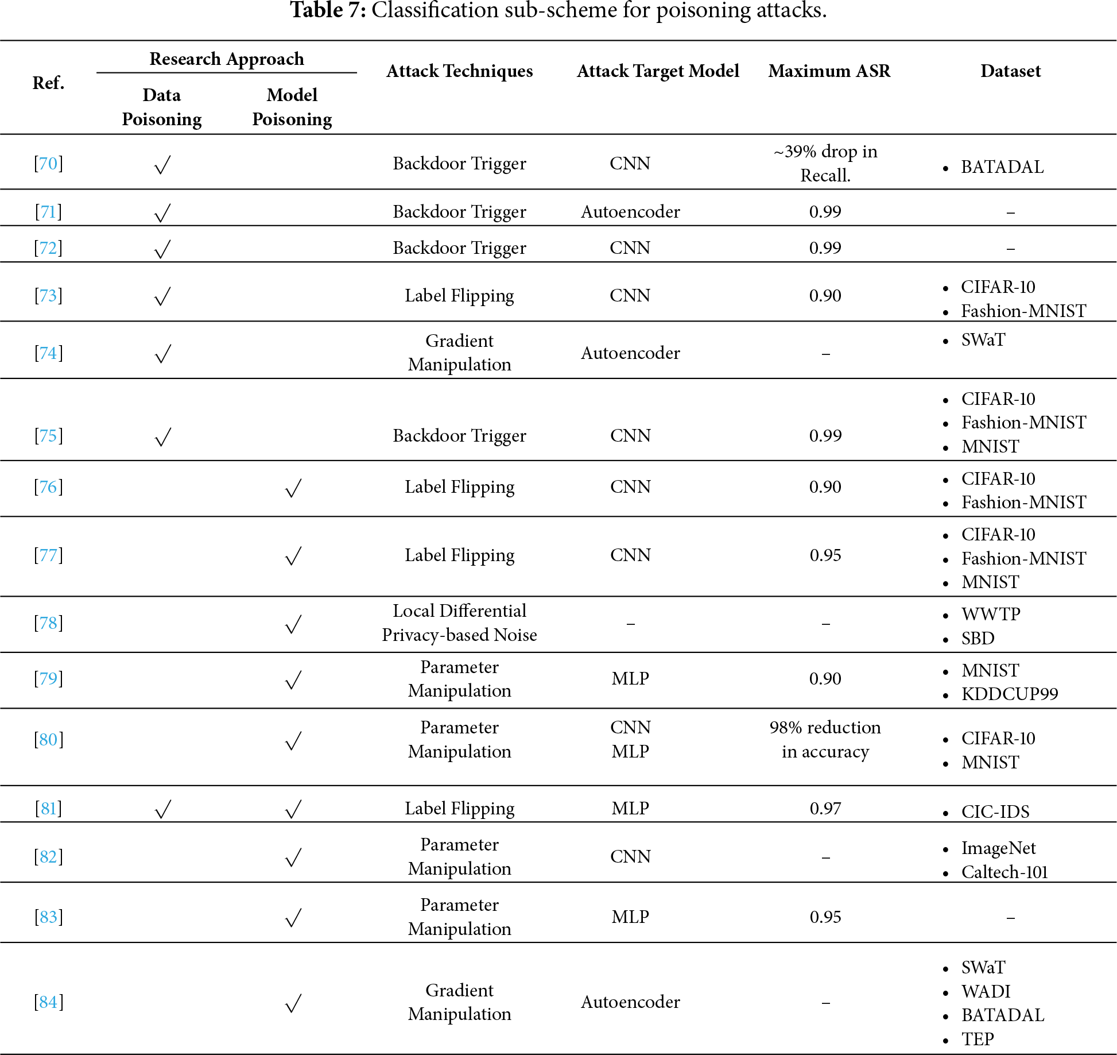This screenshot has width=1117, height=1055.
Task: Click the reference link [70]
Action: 48,164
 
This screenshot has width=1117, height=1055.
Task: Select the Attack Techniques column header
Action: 459,71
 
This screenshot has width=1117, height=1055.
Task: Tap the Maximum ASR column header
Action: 829,71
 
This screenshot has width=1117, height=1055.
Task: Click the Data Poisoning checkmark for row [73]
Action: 162,296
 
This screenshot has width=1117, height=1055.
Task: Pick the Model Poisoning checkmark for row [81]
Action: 293,809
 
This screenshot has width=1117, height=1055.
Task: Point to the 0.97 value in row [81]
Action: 825,809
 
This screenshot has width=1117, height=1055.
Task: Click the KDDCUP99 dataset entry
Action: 1009,694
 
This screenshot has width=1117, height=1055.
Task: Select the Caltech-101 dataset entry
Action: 1004,872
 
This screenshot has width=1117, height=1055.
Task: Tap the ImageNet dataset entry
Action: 998,848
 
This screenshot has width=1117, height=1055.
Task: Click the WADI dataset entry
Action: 986,992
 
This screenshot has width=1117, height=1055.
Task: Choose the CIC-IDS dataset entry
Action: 995,812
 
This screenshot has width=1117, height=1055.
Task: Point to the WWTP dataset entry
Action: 991,615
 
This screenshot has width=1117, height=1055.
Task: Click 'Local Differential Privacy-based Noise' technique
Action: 459,623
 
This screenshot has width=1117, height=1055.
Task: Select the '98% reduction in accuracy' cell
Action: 825,740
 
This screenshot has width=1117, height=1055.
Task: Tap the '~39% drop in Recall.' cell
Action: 825,164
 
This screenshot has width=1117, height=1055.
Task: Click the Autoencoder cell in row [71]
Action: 630,212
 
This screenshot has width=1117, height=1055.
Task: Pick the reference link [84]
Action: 48,1002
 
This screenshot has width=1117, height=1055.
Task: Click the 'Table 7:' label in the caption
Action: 328,10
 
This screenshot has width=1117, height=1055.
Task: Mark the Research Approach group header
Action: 227,59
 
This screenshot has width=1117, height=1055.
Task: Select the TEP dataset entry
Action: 978,1039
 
